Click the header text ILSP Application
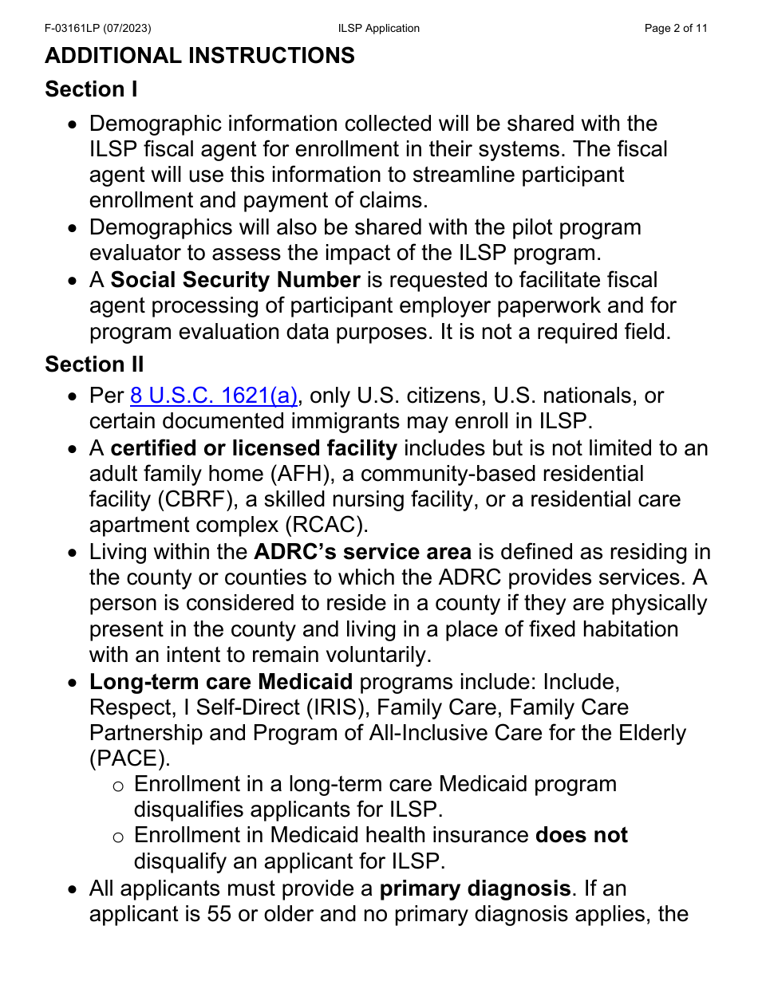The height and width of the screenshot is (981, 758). pos(378,29)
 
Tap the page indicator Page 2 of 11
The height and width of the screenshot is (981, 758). pos(676,29)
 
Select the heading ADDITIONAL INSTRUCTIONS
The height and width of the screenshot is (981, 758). pos(199,56)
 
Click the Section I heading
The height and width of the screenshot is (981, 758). pos(91,89)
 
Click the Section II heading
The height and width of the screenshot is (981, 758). pos(94,364)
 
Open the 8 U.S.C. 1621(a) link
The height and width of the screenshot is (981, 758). pos(214,396)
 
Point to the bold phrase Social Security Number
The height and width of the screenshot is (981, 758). pos(235,280)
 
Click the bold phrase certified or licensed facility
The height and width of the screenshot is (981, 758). pos(254,448)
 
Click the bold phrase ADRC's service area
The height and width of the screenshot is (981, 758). pos(362,552)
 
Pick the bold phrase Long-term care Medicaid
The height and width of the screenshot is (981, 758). pos(221,682)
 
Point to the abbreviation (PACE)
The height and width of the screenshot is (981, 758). pos(128,758)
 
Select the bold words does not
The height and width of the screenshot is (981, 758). pos(582,835)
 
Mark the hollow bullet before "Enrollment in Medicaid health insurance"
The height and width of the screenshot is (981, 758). pos(118,837)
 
